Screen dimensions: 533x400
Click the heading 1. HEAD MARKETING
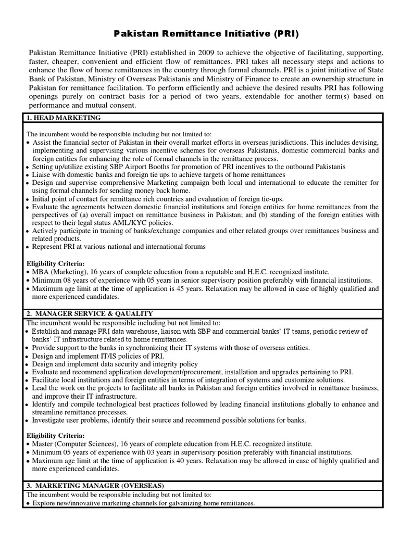click(64, 118)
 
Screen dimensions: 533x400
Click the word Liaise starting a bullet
click(42, 175)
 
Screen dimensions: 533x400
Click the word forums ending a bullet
click(194, 247)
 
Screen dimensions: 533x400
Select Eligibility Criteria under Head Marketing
click(55, 264)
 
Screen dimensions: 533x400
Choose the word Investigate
click(51, 420)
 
